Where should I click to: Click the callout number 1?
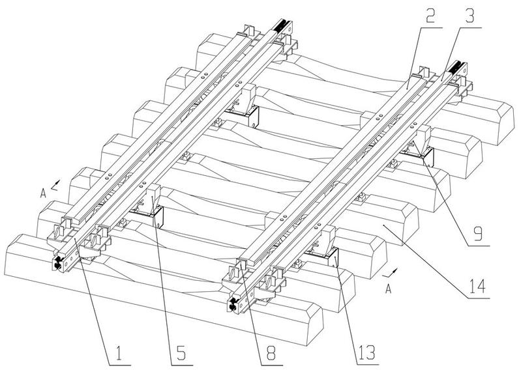tap(119, 354)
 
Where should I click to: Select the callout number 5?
tap(181, 354)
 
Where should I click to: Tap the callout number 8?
tap(271, 354)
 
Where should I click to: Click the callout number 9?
tap(477, 233)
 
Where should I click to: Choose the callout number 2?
tap(430, 15)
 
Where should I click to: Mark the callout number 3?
tap(469, 15)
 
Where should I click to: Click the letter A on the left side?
tap(43, 193)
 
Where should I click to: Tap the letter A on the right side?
tap(388, 289)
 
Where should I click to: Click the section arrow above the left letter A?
tap(55, 185)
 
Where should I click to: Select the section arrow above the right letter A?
tap(390, 274)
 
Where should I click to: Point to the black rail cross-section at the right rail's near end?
tap(233, 304)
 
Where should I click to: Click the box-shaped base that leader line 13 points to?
tap(324, 257)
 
